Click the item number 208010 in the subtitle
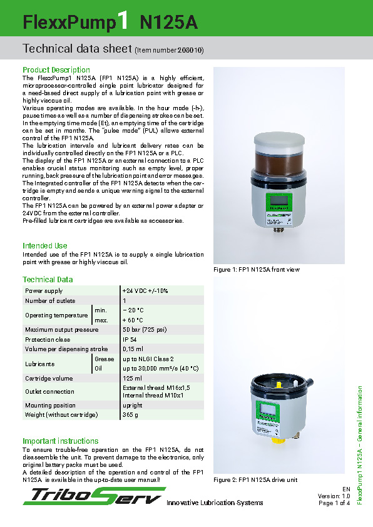click(x=191, y=49)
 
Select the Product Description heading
click(x=56, y=69)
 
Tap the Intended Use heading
click(x=45, y=246)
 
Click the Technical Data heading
click(x=48, y=280)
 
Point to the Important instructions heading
click(x=61, y=441)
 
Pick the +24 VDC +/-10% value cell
click(x=145, y=291)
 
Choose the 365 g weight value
click(x=131, y=415)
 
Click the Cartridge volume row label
click(x=49, y=379)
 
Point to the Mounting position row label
click(x=50, y=406)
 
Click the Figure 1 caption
click(x=257, y=270)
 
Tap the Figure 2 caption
click(x=255, y=480)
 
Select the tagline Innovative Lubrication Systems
click(x=215, y=503)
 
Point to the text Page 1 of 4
click(x=334, y=503)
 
